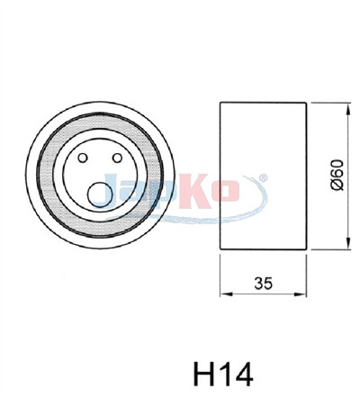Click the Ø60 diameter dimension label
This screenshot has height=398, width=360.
point(337,175)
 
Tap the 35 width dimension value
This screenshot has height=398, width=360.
point(264,283)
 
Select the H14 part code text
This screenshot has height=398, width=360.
point(223,374)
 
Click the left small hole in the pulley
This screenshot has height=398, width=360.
point(82,158)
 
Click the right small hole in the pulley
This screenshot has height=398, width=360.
point(117,158)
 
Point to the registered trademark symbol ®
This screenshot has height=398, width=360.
point(263,177)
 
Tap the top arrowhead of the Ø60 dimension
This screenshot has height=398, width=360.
point(348,108)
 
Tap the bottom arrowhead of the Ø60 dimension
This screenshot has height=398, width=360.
point(348,244)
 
